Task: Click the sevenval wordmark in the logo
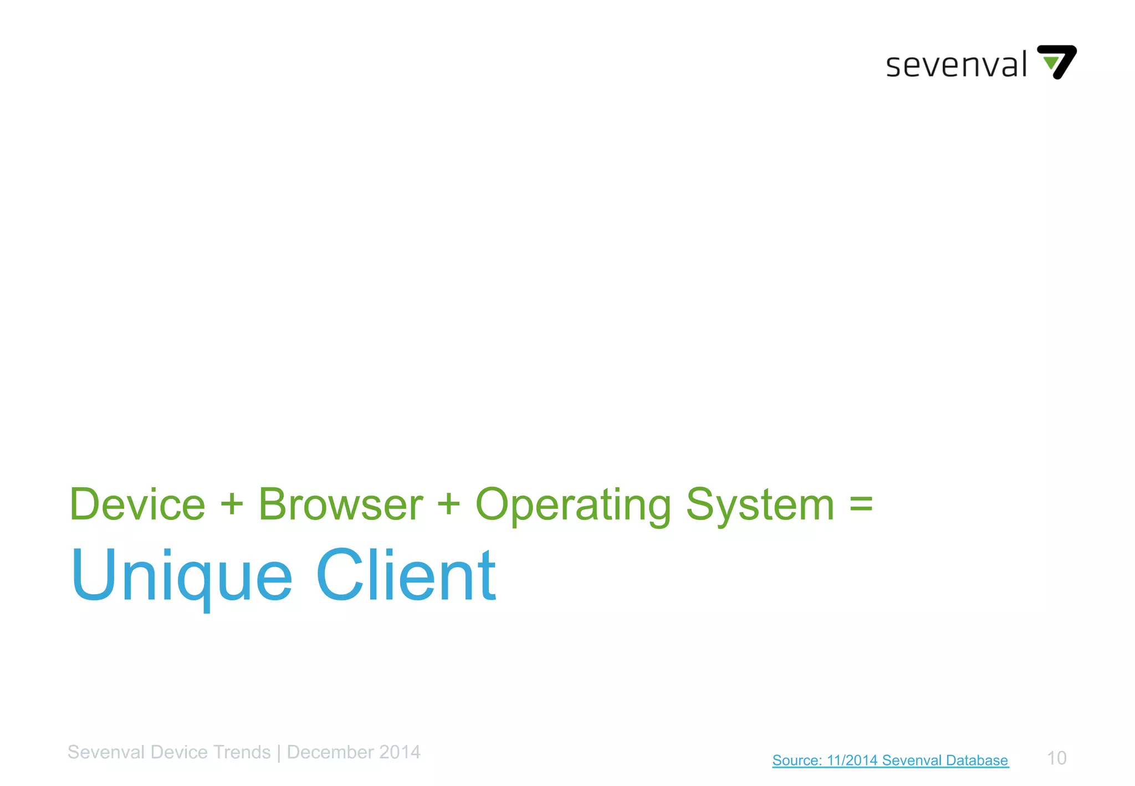click(956, 65)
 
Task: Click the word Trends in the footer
click(242, 752)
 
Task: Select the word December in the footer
click(330, 752)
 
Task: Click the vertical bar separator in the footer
click(279, 753)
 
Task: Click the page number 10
click(1056, 758)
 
